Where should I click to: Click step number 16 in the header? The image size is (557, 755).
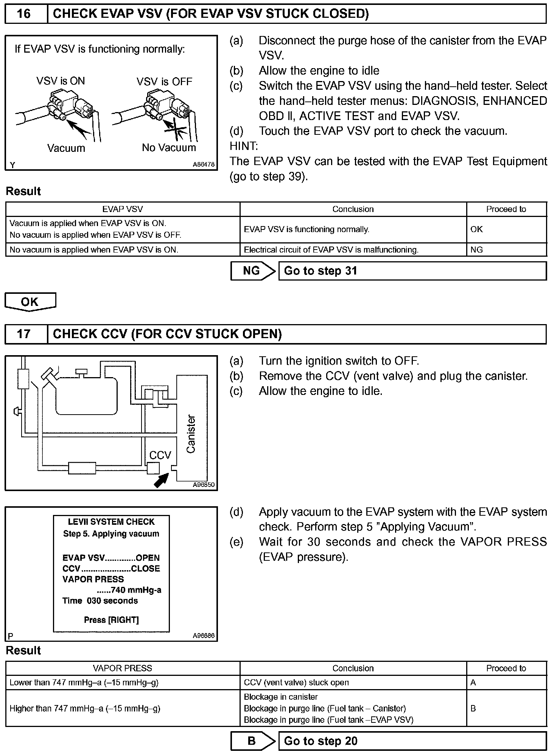pos(23,14)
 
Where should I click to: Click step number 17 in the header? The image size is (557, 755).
pos(23,334)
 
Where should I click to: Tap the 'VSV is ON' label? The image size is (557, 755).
pos(61,81)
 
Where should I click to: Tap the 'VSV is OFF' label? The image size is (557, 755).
pos(164,82)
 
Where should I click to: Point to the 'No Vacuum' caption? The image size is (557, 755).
pos(169,148)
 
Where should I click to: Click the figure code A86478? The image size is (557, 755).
pos(204,165)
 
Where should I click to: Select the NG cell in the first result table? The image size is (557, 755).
pos(476,250)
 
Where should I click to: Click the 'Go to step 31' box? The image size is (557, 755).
pos(412,271)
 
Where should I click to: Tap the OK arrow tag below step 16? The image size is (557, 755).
pos(30,302)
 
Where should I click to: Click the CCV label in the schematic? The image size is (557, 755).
pos(160,455)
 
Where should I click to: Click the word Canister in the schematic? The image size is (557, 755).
pos(191,434)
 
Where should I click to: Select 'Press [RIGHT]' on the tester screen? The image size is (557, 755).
pos(111,620)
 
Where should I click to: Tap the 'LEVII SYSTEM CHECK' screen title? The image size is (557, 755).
pos(111,522)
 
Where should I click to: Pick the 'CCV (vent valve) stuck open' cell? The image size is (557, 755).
pos(296,683)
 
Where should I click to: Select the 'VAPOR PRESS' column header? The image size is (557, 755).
pos(122,668)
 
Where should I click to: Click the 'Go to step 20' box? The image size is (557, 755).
pos(412,741)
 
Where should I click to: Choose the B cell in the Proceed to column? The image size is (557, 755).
pos(473,708)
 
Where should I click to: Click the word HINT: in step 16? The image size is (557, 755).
pos(243,146)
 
